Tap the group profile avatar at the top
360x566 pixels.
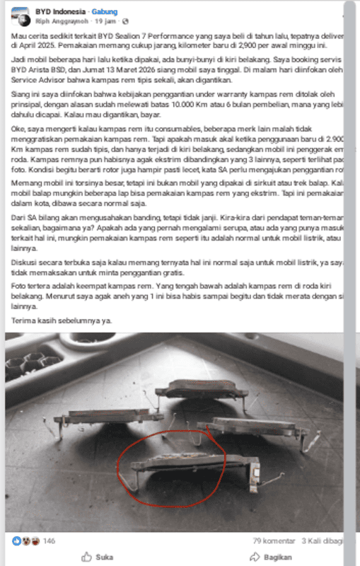(19, 16)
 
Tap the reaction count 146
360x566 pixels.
(50, 541)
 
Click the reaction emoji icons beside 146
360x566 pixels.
(26, 541)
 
